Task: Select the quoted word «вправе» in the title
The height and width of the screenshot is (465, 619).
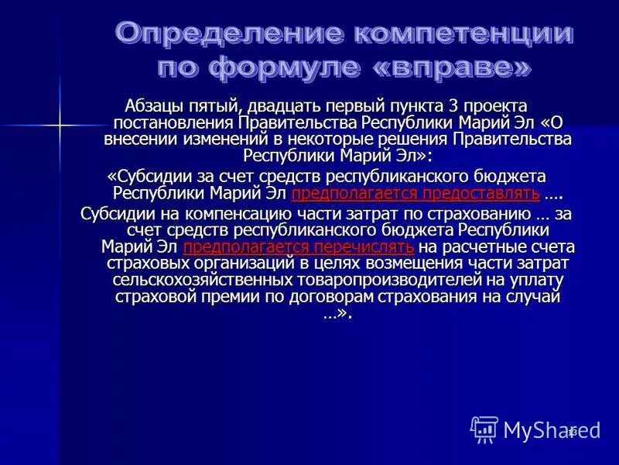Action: pos(454,68)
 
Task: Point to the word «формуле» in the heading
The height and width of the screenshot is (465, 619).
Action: pos(284,68)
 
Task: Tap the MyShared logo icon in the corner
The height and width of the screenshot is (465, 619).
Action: pos(484,429)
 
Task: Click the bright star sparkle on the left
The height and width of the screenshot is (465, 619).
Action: pos(59,125)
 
